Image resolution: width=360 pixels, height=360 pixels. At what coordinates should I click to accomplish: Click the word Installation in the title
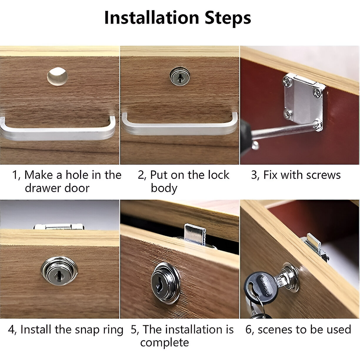(x=152, y=18)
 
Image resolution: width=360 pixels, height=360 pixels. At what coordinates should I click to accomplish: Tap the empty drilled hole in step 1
(x=57, y=76)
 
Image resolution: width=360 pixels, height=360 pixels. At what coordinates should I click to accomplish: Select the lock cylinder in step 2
(x=180, y=76)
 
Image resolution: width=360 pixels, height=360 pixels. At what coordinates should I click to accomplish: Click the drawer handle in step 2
(x=179, y=127)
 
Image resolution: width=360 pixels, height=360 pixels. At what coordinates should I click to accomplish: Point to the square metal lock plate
(x=304, y=101)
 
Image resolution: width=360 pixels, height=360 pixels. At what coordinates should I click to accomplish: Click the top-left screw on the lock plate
(x=288, y=82)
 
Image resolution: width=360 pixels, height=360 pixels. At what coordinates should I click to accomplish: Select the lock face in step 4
(x=59, y=271)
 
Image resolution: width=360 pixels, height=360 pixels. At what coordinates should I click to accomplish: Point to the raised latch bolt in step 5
(x=195, y=235)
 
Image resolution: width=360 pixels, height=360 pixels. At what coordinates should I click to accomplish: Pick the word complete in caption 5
(x=165, y=343)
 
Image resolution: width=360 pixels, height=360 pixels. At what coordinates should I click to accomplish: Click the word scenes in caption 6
(x=276, y=330)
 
